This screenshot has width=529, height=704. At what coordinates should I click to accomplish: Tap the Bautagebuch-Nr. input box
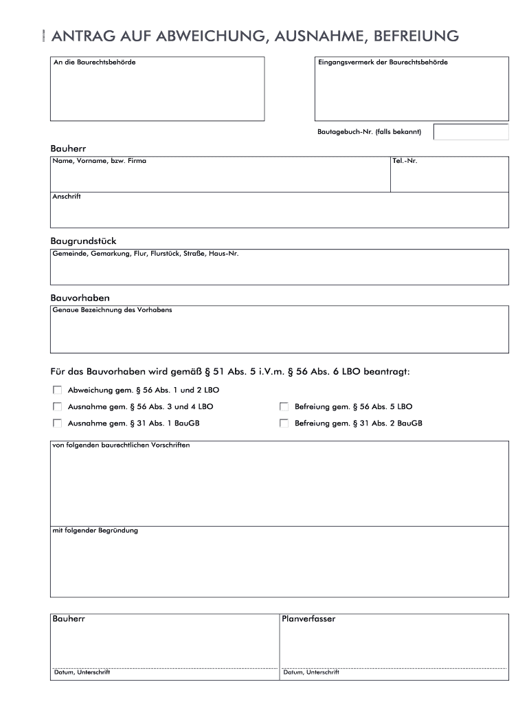pos(471,132)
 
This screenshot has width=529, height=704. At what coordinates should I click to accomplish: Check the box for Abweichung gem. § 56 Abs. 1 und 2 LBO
pos(57,390)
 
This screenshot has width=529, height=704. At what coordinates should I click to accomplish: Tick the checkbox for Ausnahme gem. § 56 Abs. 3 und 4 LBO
pos(57,406)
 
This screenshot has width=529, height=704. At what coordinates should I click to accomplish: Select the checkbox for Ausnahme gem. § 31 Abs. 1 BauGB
pos(57,423)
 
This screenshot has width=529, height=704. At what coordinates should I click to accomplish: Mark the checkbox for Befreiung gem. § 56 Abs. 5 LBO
pos(284,406)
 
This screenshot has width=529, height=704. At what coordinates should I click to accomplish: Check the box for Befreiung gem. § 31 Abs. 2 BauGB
pos(284,423)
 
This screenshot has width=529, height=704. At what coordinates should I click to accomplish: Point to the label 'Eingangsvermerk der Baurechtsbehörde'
pos(382,63)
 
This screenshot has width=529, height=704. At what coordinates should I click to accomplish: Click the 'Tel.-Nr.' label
pos(405,161)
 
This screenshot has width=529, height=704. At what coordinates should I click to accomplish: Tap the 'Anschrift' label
pos(67,197)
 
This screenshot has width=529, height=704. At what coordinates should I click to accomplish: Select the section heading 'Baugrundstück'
pos(83,241)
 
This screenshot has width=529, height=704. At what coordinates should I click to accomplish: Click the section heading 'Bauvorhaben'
pos(80,298)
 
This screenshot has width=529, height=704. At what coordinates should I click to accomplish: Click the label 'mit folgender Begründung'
pos(95,531)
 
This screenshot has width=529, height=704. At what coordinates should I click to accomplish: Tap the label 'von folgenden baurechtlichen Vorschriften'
pos(121,445)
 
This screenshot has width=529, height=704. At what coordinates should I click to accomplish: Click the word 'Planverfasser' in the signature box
pos(308,619)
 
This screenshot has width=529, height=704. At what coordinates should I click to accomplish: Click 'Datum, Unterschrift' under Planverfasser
pos(311,672)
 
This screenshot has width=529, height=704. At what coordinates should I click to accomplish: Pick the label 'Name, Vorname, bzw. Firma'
pos(99,161)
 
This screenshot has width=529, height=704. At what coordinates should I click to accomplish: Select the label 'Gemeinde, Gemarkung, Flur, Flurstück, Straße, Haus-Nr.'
pos(145,254)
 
